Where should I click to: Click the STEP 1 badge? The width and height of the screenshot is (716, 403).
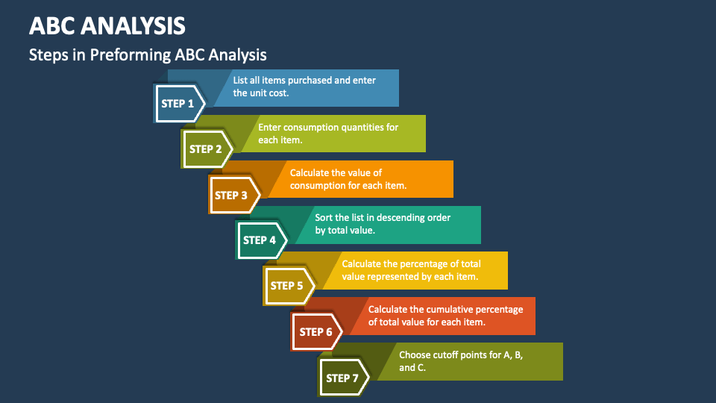tap(178, 104)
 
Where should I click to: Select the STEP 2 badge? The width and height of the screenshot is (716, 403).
tap(206, 149)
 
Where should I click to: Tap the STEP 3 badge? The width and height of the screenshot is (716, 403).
tap(232, 196)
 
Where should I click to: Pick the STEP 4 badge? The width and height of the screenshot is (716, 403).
tap(260, 240)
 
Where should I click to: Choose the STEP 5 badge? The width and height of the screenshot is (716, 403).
tap(287, 286)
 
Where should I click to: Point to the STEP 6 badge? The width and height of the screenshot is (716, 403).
tap(315, 332)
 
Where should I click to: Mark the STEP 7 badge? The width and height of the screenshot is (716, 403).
tap(343, 378)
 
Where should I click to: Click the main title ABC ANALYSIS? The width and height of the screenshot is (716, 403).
tap(107, 26)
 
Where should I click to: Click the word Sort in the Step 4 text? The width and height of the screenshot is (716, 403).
tap(324, 218)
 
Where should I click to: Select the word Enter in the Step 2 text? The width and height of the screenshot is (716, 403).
tap(270, 128)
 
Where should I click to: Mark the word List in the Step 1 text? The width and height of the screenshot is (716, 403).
tap(242, 81)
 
